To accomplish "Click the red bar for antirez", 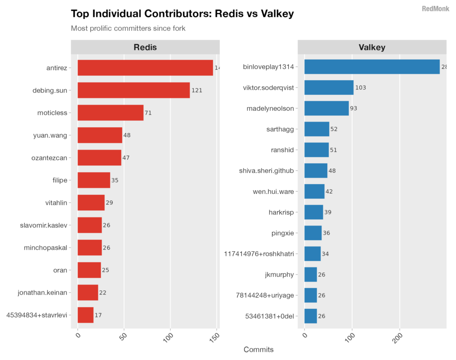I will pyautogui.click(x=145, y=68).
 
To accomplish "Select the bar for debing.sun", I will pyautogui.click(x=134, y=90).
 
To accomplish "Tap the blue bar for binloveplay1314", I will pyautogui.click(x=372, y=67).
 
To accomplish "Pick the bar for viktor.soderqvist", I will pyautogui.click(x=329, y=88).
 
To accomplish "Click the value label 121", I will pyautogui.click(x=197, y=90).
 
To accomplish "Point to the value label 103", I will pyautogui.click(x=360, y=88).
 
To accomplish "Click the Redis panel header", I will pyautogui.click(x=145, y=47).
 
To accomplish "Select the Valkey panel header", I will pyautogui.click(x=372, y=47).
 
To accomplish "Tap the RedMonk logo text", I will pyautogui.click(x=435, y=8).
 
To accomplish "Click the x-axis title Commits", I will pyautogui.click(x=259, y=350).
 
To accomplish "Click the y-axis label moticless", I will pyautogui.click(x=52, y=113).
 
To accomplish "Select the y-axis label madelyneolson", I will pyautogui.click(x=270, y=108).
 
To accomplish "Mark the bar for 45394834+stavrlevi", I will pyautogui.click(x=85, y=315).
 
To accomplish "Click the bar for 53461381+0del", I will pyautogui.click(x=311, y=316).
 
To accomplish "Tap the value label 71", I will pyautogui.click(x=148, y=113).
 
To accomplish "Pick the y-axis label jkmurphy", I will pyautogui.click(x=279, y=275).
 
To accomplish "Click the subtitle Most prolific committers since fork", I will pyautogui.click(x=128, y=28).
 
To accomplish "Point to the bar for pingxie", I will pyautogui.click(x=313, y=233).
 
